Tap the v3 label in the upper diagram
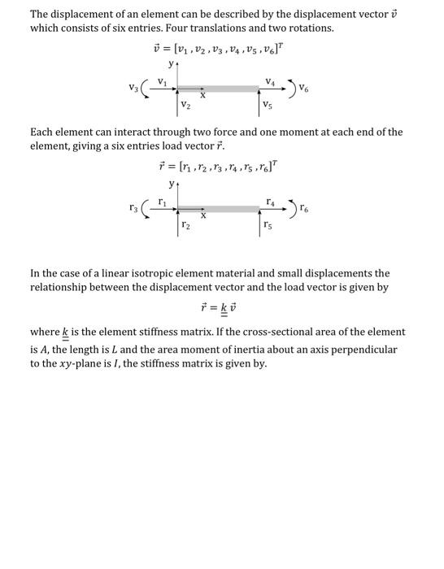coord(133,86)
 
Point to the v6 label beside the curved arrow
coord(304,87)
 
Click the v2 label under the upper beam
coord(186,106)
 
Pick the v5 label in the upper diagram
coord(268,106)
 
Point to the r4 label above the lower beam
coord(268,199)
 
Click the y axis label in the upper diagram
coord(171,63)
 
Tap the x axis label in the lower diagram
coord(203,216)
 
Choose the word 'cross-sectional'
coord(270,332)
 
